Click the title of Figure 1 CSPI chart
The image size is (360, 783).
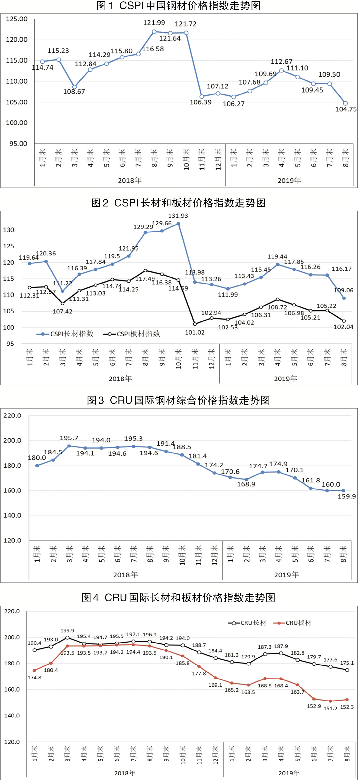pyautogui.click(x=178, y=6)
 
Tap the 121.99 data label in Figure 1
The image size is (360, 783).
pyautogui.click(x=154, y=23)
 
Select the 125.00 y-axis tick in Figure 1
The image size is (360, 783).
pyautogui.click(x=17, y=19)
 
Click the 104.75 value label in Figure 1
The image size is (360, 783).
pyautogui.click(x=346, y=109)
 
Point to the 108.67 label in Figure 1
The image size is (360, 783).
pyautogui.click(x=74, y=91)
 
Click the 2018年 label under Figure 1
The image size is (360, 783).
pyautogui.click(x=130, y=181)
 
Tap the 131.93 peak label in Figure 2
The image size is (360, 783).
pyautogui.click(x=178, y=216)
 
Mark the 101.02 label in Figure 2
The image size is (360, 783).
pyautogui.click(x=195, y=332)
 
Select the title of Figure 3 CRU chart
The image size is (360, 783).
pyautogui.click(x=178, y=400)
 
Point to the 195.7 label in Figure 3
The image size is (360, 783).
pyautogui.click(x=69, y=438)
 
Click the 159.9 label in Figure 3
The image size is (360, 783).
pyautogui.click(x=347, y=496)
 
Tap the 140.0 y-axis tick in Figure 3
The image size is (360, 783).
pyautogui.click(x=12, y=515)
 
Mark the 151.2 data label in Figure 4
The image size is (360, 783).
pyautogui.click(x=330, y=708)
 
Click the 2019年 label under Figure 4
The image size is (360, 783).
pyautogui.click(x=289, y=773)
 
